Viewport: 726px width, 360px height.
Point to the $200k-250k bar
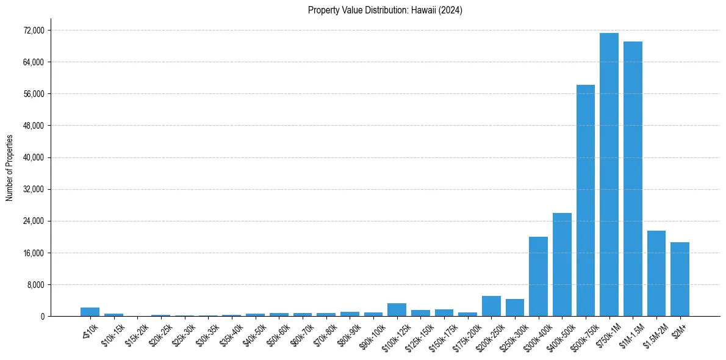[x=491, y=306]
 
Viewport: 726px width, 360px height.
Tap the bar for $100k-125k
[x=397, y=310]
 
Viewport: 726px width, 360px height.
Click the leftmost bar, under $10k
[x=90, y=312]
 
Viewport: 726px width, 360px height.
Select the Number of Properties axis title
[x=9, y=168]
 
